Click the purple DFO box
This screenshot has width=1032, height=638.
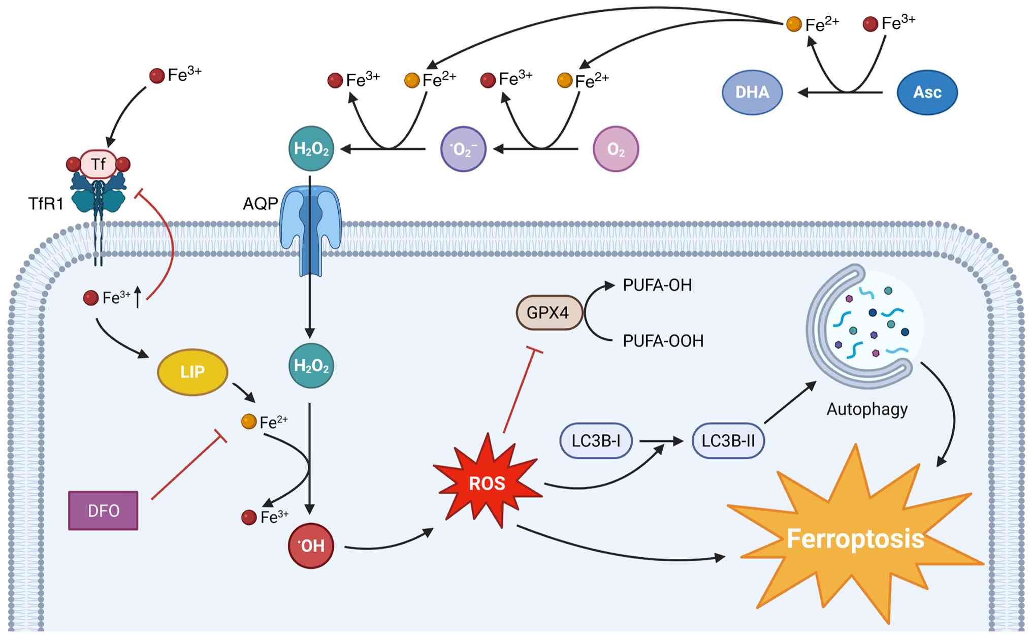[103, 511]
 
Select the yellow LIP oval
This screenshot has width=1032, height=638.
[192, 372]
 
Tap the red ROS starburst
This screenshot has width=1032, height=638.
[487, 483]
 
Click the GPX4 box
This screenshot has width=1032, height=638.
[549, 312]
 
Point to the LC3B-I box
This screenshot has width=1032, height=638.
[596, 440]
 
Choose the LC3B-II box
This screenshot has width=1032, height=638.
[728, 440]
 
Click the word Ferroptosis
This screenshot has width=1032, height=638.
[855, 538]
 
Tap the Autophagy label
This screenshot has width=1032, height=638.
[867, 409]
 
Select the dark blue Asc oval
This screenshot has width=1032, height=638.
[927, 92]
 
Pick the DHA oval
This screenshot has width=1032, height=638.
[752, 92]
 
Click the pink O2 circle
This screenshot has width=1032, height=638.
[616, 149]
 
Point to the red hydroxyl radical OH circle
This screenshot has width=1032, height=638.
[311, 546]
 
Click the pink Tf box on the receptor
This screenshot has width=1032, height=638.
[99, 164]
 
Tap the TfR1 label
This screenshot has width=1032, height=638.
[46, 204]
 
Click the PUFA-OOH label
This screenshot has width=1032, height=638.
[663, 341]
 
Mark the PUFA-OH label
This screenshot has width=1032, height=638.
[657, 285]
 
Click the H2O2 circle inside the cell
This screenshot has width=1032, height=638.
[311, 366]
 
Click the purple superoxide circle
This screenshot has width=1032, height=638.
[463, 149]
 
